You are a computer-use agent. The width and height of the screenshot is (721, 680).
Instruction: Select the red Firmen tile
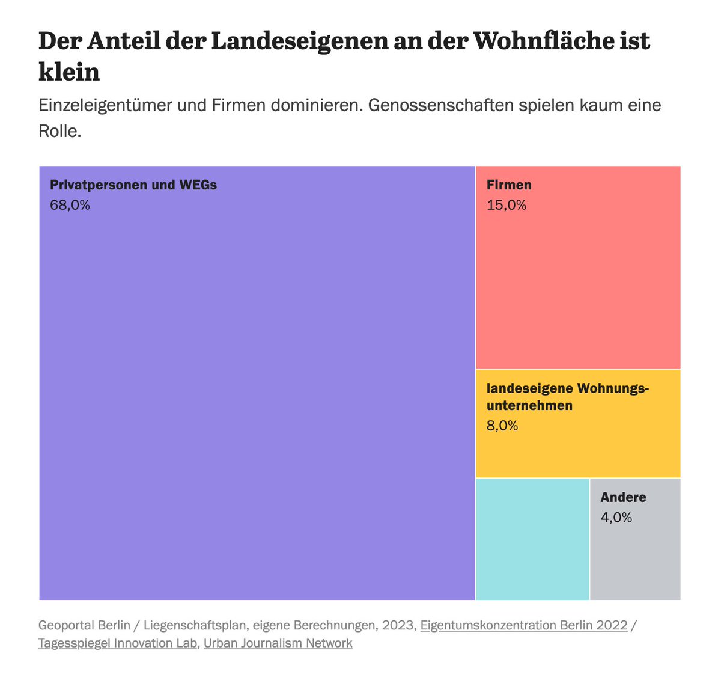tap(578, 283)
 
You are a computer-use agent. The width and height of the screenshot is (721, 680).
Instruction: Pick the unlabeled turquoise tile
tap(532, 539)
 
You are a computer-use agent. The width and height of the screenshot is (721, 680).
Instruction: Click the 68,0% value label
tap(70, 206)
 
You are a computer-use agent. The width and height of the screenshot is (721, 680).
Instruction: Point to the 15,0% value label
tap(507, 206)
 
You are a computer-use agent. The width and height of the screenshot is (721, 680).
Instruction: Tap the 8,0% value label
tap(502, 426)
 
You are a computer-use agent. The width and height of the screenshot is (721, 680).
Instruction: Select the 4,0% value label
tap(616, 518)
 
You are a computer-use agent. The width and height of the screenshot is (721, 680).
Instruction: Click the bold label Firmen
tap(509, 185)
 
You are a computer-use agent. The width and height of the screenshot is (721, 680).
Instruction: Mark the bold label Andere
tap(624, 497)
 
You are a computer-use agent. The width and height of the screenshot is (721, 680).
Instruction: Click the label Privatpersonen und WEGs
tap(133, 185)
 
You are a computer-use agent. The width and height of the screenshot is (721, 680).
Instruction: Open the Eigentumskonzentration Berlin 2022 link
tap(524, 625)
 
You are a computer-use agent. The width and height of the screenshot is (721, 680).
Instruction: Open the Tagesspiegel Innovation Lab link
tap(118, 643)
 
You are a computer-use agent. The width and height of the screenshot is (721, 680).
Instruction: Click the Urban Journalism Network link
tap(278, 643)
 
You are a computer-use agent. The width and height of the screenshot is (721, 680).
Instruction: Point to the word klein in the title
tap(69, 72)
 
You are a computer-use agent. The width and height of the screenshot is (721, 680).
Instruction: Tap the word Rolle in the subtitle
tap(59, 131)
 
